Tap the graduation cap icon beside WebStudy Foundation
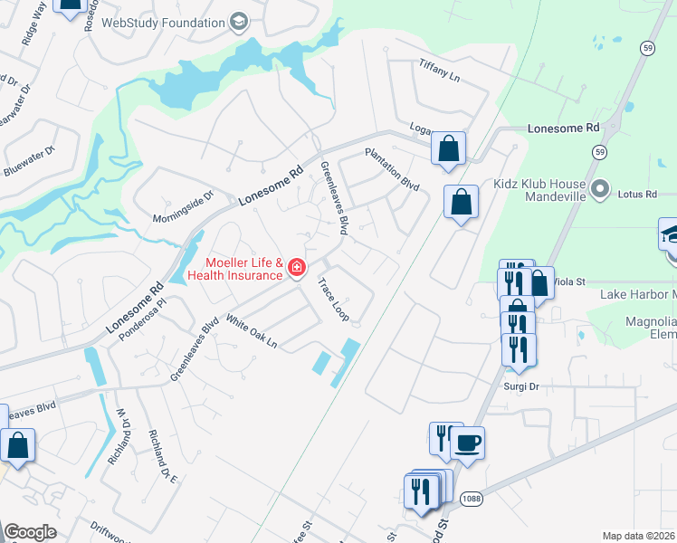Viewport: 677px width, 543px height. click(238, 21)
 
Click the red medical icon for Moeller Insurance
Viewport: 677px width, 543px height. click(297, 266)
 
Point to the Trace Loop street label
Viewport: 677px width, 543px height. click(332, 300)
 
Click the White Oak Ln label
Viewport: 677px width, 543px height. click(251, 332)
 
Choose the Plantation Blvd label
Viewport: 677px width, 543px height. click(392, 169)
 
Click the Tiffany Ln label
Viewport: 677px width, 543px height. click(440, 71)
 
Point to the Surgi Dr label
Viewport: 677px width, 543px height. click(521, 386)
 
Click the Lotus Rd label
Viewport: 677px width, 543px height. click(637, 194)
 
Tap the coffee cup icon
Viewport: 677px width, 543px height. click(467, 443)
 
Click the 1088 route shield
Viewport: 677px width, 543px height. click(471, 499)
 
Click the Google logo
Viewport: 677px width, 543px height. click(30, 532)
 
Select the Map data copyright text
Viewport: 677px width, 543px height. click(639, 536)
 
